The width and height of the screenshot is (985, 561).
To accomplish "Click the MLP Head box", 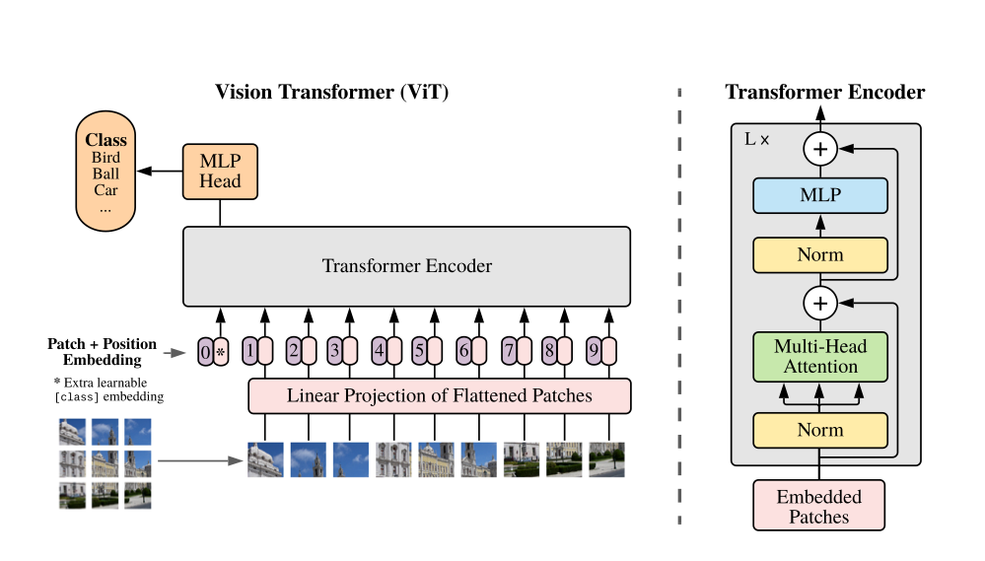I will [x=220, y=172].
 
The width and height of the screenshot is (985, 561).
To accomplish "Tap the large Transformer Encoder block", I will [x=406, y=266].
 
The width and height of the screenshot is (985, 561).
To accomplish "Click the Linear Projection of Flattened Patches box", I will [x=439, y=395].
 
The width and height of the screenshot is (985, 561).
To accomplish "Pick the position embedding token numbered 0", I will [x=205, y=350].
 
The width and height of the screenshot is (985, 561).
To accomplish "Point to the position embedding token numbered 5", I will [x=419, y=350].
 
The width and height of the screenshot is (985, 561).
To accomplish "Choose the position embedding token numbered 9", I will [x=594, y=350].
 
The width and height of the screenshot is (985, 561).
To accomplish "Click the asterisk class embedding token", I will [x=221, y=350].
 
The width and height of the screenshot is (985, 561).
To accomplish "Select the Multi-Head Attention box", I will [x=820, y=356].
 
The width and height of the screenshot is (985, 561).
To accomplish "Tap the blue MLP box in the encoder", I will [x=820, y=195].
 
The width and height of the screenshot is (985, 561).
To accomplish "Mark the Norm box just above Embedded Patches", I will [x=820, y=430].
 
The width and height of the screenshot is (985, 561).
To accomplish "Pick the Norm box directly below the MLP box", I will [x=820, y=254].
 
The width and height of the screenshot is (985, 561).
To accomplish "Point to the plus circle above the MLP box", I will [x=820, y=149].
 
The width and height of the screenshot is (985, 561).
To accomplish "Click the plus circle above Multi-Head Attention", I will [x=820, y=302].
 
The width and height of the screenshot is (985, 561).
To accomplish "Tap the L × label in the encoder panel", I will [x=756, y=140].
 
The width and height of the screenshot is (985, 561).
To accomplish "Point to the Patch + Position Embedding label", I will [x=102, y=352].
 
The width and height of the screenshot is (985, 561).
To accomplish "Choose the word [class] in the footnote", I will [x=80, y=396].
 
